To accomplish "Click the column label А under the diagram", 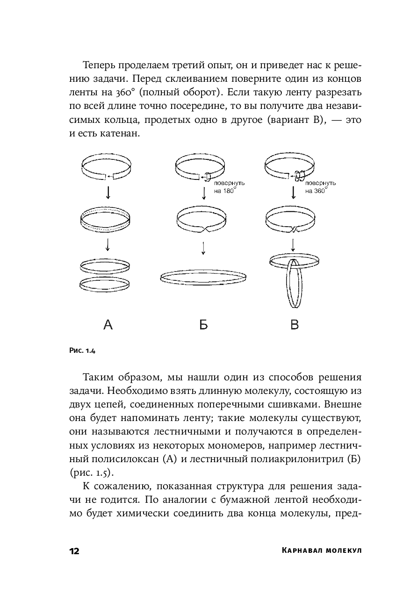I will point(108,324).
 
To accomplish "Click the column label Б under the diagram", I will point(203,324).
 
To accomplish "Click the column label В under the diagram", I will point(294,324).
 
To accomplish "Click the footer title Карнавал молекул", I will point(322,551).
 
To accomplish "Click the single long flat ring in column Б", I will point(203,277).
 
